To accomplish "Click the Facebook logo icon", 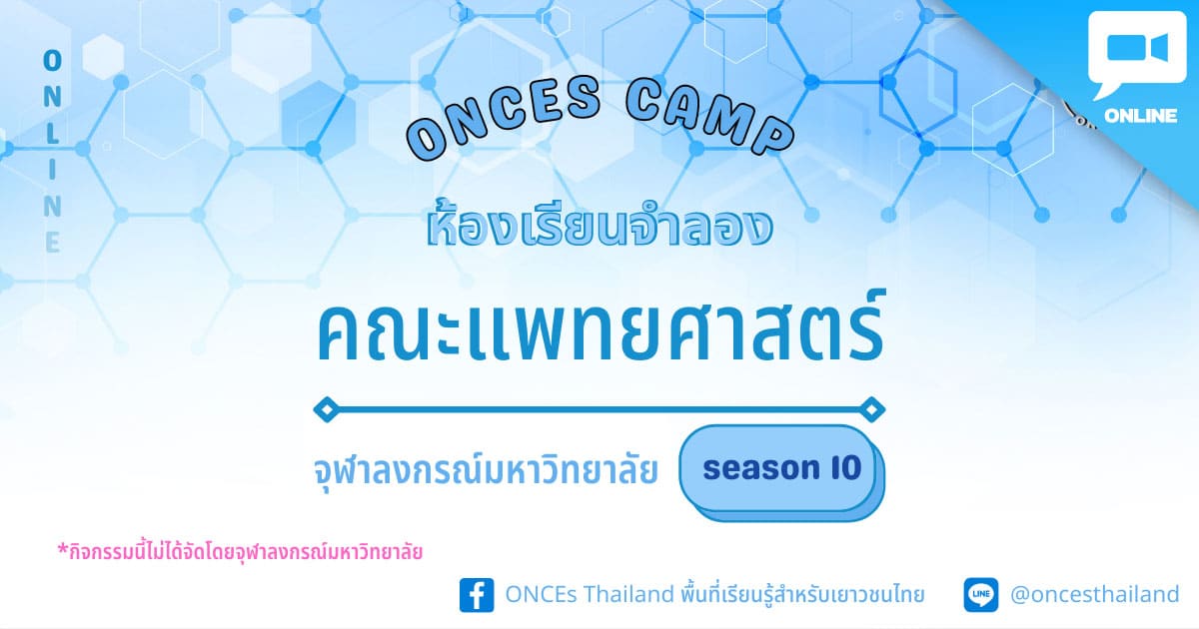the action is pos(477,595).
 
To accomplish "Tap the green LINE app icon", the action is pos(981,594).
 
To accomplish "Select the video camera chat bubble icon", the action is pos(1137,54).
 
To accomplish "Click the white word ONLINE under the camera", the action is pos(1141,116).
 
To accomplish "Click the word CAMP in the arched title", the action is pos(709,117).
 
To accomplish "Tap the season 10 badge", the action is pos(781,471).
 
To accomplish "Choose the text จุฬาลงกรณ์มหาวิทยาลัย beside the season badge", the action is pos(486,470).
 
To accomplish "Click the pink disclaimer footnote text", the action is pos(241,551).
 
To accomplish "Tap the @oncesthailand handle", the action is pos(1095,594).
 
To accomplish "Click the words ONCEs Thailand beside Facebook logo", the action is pos(590,594).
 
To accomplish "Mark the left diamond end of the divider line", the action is pos(327,409).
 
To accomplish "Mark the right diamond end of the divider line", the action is pos(872,409).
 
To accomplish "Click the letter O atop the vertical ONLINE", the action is pos(52,61).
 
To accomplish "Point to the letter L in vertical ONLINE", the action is pos(52,133).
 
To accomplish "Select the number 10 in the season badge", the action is pos(847,468).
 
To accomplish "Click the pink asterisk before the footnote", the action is pos(63,549).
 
